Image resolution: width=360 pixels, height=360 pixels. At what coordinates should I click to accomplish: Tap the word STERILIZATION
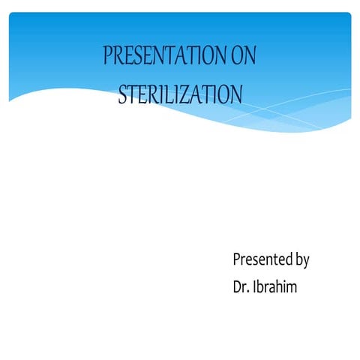pos(180,94)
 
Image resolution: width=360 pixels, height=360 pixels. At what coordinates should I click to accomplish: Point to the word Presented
pos(262,260)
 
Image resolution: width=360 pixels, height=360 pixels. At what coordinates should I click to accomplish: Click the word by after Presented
pos(301,261)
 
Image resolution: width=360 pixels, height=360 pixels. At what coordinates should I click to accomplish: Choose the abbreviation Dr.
pos(241,286)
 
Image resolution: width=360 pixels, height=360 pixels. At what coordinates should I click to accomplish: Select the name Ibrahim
pos(275,286)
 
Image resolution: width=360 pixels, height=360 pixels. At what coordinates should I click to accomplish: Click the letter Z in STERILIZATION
pos(193,94)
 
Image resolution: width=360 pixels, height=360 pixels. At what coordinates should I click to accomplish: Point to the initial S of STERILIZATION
pos(123,94)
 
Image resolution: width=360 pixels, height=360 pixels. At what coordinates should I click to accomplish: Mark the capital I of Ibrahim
pos(256,286)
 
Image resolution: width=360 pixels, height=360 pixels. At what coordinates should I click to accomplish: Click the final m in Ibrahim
pos(291,288)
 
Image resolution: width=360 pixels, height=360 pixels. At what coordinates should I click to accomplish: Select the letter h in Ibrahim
pos(276,286)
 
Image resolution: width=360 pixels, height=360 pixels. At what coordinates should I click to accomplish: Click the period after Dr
pos(249,292)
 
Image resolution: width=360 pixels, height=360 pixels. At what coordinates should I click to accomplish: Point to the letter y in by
pos(305,262)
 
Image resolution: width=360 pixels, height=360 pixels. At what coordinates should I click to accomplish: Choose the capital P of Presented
pos(237,260)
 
